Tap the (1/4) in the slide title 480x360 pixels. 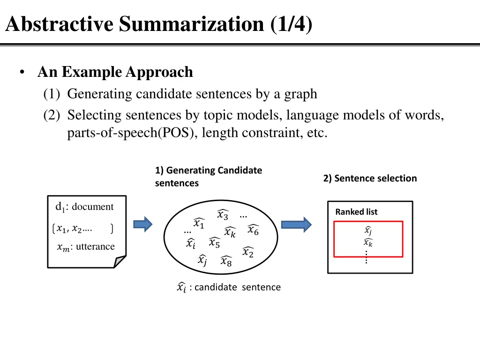[291, 24]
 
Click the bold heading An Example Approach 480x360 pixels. [115, 72]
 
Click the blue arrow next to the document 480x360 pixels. [143, 224]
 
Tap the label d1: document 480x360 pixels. [85, 207]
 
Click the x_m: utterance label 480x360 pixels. [86, 247]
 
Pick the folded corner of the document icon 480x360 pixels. [120, 262]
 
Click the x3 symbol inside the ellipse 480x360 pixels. [223, 215]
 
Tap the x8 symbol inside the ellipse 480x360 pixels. [226, 261]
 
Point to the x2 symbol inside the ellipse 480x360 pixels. [248, 252]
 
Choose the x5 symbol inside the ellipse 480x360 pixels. [214, 242]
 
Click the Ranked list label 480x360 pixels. [356, 212]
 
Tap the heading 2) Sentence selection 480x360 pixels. [370, 178]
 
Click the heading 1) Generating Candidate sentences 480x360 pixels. [209, 177]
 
